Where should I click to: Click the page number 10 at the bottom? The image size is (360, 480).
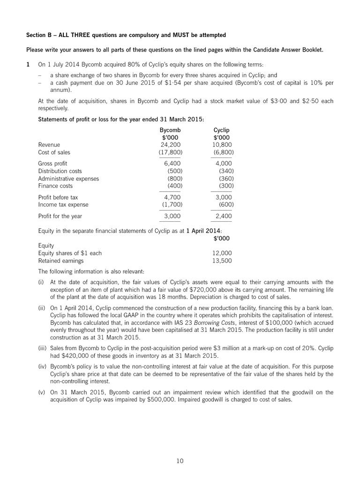(x=180, y=461)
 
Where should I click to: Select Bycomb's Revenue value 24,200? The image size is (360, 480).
(x=171, y=145)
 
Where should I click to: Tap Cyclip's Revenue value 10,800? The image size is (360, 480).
(x=222, y=145)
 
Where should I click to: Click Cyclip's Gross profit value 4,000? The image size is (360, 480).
(x=224, y=164)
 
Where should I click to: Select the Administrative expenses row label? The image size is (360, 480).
(x=68, y=179)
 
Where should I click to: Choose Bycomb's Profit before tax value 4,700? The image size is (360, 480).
(x=172, y=197)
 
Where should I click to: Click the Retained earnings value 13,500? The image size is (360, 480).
(x=222, y=261)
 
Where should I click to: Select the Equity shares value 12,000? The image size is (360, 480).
(x=222, y=253)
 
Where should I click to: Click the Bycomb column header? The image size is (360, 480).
(x=170, y=130)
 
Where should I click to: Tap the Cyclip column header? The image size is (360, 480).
(x=222, y=130)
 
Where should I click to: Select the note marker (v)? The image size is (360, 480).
(x=42, y=392)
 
